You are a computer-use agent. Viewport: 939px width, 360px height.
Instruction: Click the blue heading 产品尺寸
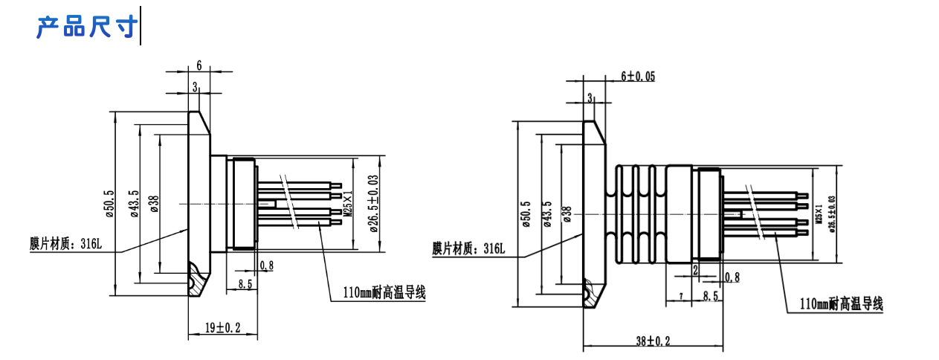[87, 28]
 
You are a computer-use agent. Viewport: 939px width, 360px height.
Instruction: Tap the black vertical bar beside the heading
[141, 25]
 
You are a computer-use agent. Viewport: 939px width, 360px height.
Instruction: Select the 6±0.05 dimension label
[637, 77]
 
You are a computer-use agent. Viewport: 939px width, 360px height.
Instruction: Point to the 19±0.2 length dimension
[221, 327]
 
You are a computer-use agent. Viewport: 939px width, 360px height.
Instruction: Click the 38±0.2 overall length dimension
[653, 341]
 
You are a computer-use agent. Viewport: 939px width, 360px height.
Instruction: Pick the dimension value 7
[681, 297]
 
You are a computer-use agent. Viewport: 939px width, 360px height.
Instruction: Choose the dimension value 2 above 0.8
[695, 268]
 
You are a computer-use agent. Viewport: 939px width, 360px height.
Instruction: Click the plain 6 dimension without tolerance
[199, 65]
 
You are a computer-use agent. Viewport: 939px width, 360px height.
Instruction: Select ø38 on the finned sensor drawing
[567, 214]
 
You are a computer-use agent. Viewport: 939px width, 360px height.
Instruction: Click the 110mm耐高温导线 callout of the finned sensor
[841, 304]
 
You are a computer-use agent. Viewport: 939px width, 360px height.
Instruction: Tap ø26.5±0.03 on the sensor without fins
[374, 202]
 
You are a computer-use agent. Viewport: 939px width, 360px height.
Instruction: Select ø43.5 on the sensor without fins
[134, 204]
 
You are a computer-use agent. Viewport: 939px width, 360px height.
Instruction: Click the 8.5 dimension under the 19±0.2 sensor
[245, 283]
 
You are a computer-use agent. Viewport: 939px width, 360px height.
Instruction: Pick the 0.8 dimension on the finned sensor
[732, 277]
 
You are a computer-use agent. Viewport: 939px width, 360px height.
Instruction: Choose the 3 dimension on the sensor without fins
[196, 87]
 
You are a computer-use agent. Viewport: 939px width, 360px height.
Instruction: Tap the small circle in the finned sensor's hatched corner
[591, 296]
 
